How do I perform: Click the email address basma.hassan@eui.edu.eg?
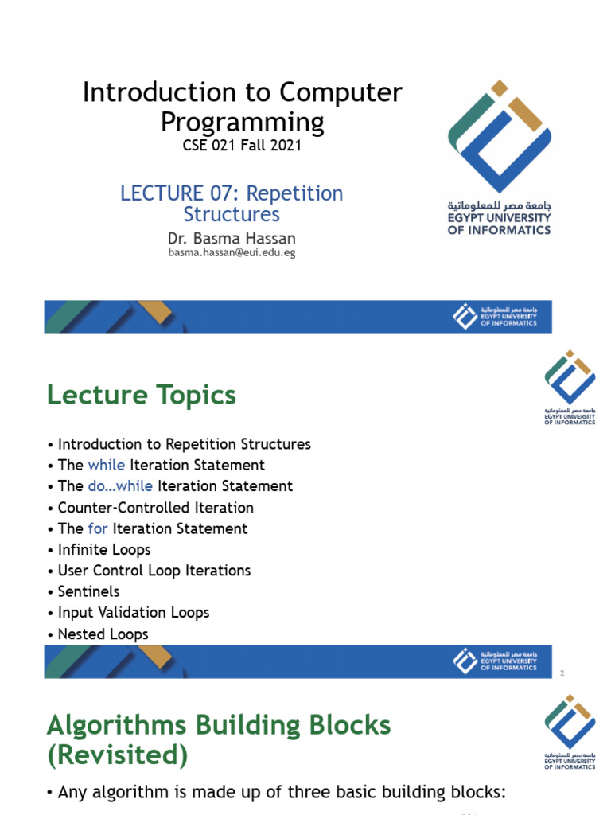(x=232, y=252)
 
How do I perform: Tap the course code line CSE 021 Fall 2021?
(x=243, y=146)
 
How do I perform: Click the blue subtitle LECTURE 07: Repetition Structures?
(x=232, y=204)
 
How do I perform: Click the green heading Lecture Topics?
(x=142, y=395)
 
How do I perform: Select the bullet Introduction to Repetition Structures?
(x=184, y=444)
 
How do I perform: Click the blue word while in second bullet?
(x=107, y=465)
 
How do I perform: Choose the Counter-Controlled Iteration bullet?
(x=155, y=508)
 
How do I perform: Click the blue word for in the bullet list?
(x=98, y=528)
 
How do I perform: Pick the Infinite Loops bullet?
(x=103, y=550)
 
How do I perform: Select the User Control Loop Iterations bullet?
(x=154, y=571)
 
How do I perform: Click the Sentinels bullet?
(x=88, y=591)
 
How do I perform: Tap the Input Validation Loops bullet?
(x=133, y=613)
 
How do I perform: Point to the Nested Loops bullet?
(x=103, y=634)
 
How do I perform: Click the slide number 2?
(x=562, y=673)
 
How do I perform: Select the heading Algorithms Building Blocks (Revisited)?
(x=219, y=739)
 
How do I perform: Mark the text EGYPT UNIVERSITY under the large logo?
(x=499, y=218)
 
